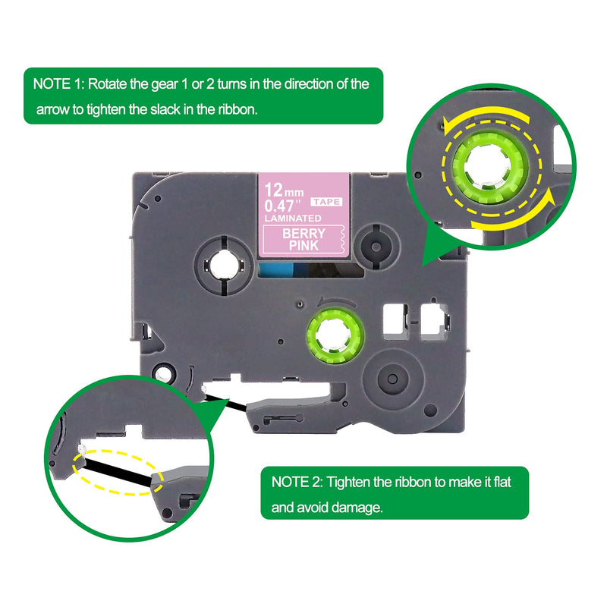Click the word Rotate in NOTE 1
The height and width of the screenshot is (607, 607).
[109, 83]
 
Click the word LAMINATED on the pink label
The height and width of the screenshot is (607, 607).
[292, 219]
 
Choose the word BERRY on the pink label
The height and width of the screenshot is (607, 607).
[303, 234]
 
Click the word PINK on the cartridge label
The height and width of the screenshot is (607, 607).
[303, 246]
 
